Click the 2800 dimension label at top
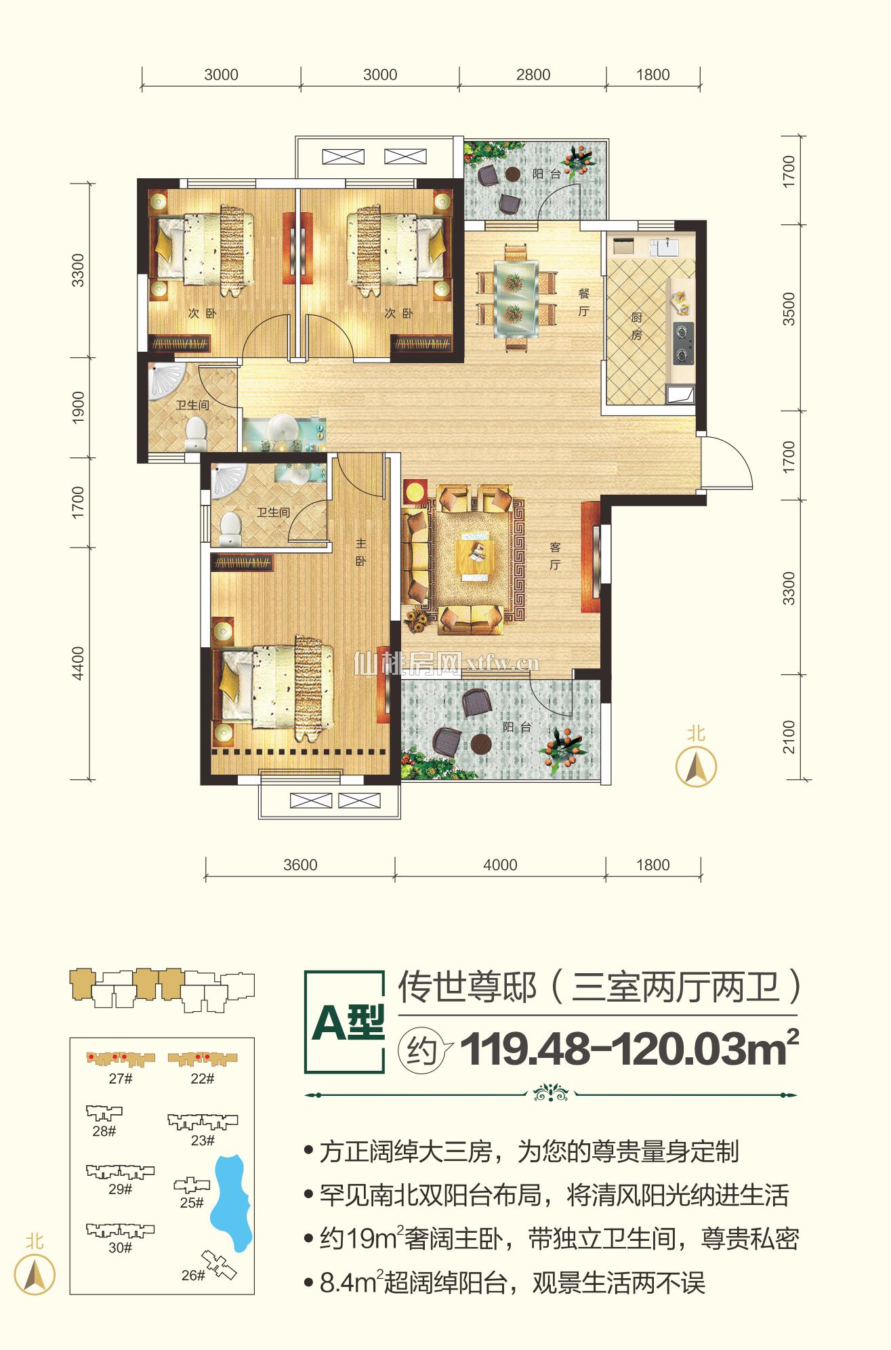pyautogui.click(x=533, y=75)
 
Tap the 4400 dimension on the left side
pyautogui.click(x=78, y=663)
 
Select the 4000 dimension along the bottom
pyautogui.click(x=500, y=865)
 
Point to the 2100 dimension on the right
pyautogui.click(x=789, y=737)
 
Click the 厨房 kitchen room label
pyautogui.click(x=636, y=326)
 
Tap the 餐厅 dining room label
pyautogui.click(x=584, y=302)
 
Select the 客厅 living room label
pyautogui.click(x=555, y=556)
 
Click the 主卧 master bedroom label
pyautogui.click(x=361, y=552)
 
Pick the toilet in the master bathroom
pyautogui.click(x=231, y=528)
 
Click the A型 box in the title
pyautogui.click(x=346, y=1023)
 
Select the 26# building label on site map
pyautogui.click(x=192, y=1275)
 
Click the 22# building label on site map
pyautogui.click(x=202, y=1079)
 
